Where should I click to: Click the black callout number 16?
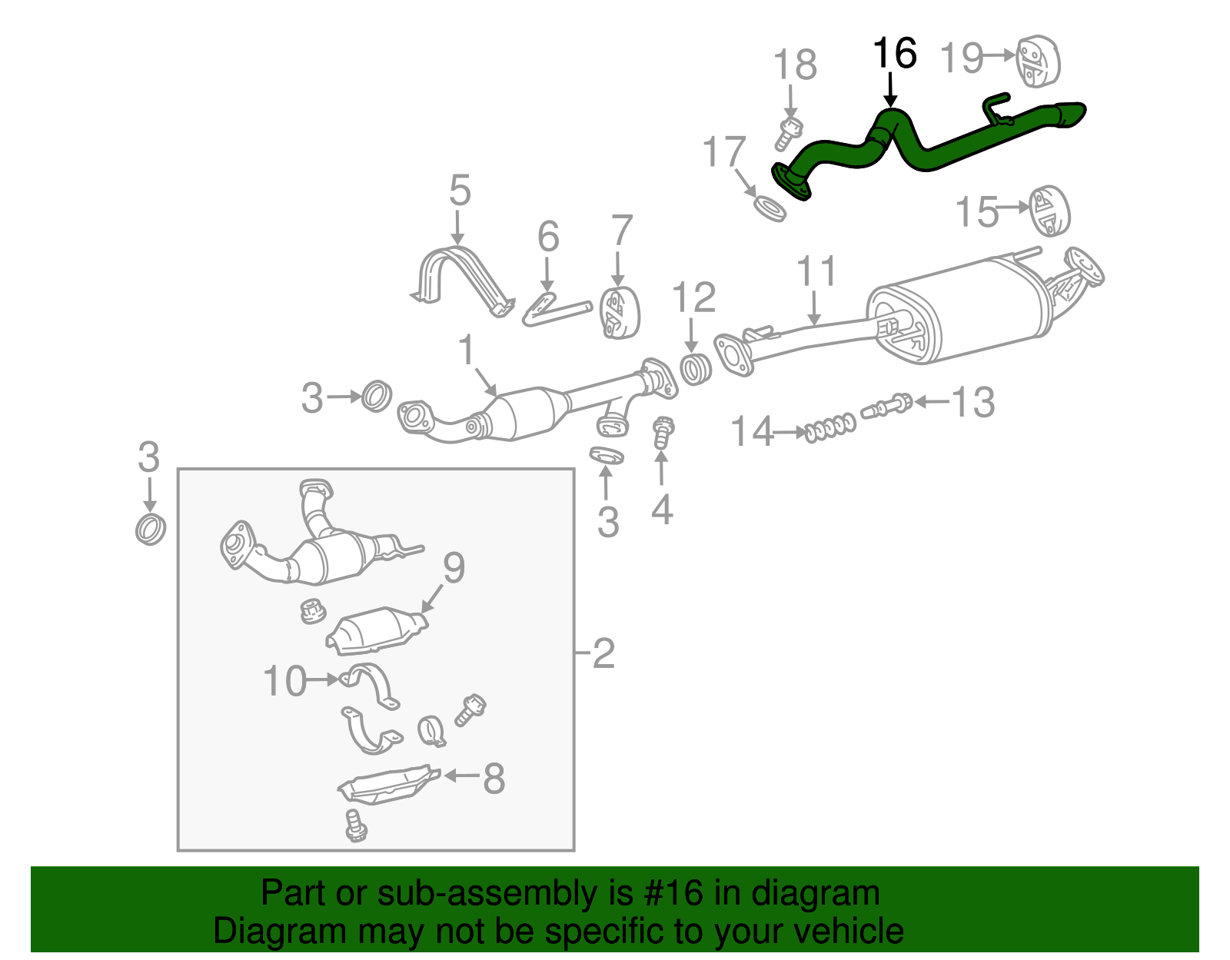point(895,54)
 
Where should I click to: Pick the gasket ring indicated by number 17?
point(770,208)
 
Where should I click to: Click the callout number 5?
point(460,191)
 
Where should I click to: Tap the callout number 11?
point(816,272)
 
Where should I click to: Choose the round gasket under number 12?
point(696,370)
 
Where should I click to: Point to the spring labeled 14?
point(829,427)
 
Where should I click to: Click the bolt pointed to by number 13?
point(888,406)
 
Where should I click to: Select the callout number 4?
point(662,510)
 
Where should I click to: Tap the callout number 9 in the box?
point(454,569)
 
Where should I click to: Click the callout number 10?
point(285,681)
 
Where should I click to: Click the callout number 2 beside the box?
point(603,653)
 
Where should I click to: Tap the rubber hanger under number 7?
point(620,313)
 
